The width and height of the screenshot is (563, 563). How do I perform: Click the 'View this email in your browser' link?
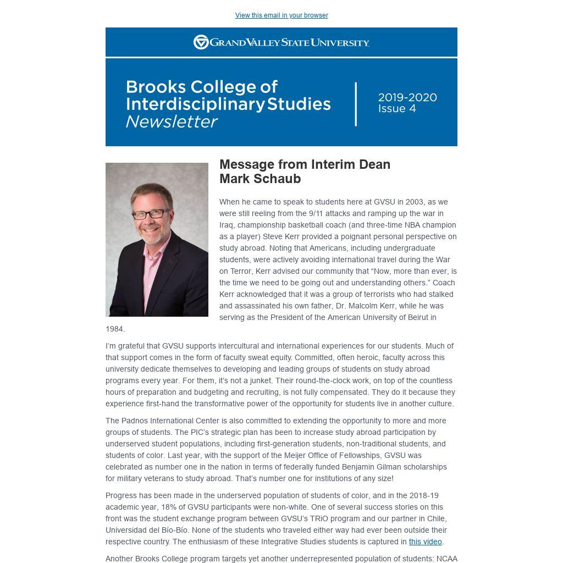(281, 15)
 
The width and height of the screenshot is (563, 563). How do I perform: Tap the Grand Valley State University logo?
(281, 42)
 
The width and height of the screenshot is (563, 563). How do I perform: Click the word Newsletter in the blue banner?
(172, 122)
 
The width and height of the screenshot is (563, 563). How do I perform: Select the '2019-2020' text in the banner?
(407, 98)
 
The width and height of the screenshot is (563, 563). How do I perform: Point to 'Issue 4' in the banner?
(397, 109)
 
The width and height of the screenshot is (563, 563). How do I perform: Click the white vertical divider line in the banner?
(356, 104)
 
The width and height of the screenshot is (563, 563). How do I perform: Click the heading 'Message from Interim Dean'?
(305, 164)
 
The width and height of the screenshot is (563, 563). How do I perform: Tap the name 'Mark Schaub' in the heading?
(260, 179)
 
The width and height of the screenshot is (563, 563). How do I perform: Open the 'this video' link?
(425, 542)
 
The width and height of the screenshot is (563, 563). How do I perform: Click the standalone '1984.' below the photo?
(115, 329)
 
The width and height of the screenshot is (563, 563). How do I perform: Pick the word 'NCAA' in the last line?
(447, 559)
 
